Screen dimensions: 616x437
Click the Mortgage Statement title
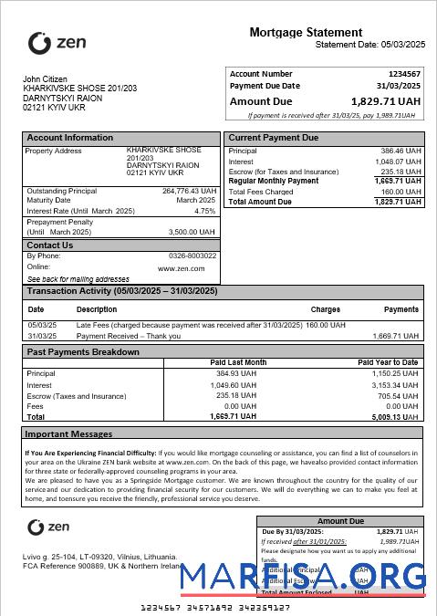[306, 33]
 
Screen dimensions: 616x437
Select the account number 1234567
[404, 74]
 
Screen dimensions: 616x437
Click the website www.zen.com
[181, 268]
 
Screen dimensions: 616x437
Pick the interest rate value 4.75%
[205, 211]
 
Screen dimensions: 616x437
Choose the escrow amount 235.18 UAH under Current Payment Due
[401, 172]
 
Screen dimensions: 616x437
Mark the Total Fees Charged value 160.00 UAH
[401, 193]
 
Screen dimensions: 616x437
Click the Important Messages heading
[69, 434]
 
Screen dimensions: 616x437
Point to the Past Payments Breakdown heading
[83, 352]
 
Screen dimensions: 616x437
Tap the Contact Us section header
[50, 245]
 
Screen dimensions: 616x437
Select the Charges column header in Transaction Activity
[325, 309]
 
